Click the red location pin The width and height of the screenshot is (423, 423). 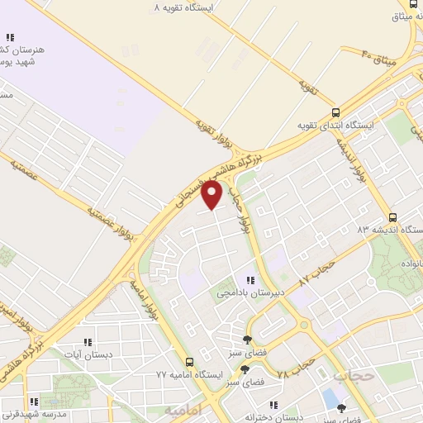coord(213,194)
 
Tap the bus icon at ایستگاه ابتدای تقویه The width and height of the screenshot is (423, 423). coord(335,112)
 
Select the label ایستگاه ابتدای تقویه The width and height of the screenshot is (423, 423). coord(336,126)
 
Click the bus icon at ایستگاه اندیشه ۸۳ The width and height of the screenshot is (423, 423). coord(392,212)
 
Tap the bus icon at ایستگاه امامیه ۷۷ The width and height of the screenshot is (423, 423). coord(191,361)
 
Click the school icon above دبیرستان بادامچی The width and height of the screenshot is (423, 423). coord(250,280)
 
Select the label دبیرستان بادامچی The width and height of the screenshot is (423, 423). coord(250,293)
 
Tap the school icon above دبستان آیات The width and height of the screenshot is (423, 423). coord(88,341)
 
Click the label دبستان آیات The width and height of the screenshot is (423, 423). coord(88,355)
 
